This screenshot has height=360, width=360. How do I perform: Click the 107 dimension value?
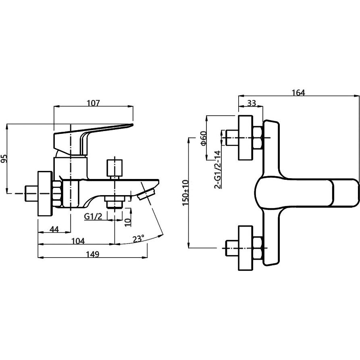(x=93, y=103)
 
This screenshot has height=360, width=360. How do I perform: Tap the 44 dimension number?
(x=54, y=229)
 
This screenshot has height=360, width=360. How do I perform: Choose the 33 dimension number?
(x=251, y=103)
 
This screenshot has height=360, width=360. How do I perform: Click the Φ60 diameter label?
(x=204, y=138)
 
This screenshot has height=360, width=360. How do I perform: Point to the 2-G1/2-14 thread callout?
(x=217, y=169)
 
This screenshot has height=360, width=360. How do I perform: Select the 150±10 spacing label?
(x=185, y=193)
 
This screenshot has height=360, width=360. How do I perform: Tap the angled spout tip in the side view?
(x=147, y=194)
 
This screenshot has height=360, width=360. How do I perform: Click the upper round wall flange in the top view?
(x=246, y=138)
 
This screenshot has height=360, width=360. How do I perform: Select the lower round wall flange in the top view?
(x=246, y=248)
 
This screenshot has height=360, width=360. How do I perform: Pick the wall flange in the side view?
(x=45, y=194)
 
